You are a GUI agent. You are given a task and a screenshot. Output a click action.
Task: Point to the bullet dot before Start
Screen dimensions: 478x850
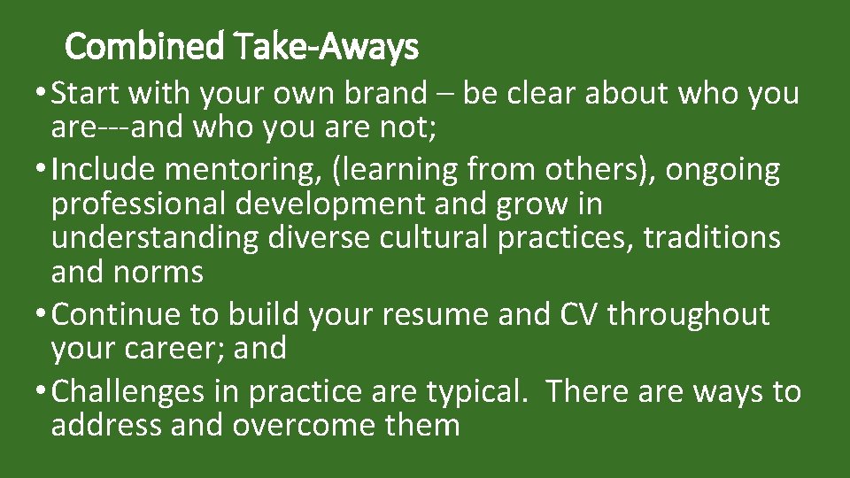point(42,94)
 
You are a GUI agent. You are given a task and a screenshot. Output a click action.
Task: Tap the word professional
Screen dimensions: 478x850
point(139,204)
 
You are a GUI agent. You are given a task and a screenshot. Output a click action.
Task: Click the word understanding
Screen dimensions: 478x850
point(155,238)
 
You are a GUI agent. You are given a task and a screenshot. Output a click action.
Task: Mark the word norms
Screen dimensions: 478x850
point(158,272)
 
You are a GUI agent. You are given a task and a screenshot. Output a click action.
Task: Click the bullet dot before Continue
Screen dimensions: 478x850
point(42,315)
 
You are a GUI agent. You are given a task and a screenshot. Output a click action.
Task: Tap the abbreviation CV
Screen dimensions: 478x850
point(577,314)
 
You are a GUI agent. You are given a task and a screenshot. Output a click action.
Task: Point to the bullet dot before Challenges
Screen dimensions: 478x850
point(42,392)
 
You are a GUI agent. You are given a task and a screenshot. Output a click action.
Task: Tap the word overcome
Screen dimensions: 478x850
point(306,426)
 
